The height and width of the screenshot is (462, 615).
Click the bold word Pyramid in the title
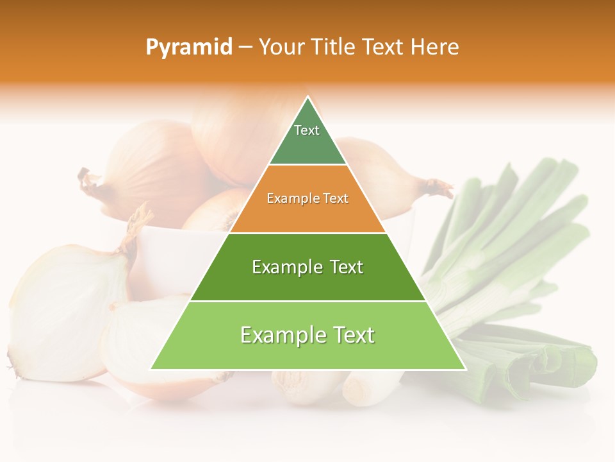tap(188, 47)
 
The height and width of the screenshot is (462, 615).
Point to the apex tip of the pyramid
tap(308, 98)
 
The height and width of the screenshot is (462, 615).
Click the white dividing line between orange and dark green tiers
tap(307, 233)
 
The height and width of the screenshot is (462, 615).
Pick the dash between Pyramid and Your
tap(245, 47)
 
